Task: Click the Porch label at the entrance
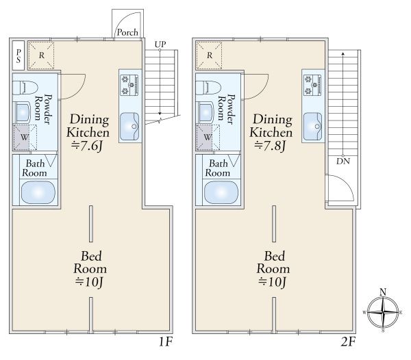click(127, 32)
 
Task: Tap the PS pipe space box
click(18, 55)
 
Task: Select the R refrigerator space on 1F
click(41, 55)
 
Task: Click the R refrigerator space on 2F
click(209, 55)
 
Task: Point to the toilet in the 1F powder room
click(25, 88)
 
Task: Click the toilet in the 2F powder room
click(208, 88)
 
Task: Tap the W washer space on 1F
click(25, 138)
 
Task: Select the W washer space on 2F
click(208, 138)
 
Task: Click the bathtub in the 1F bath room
click(38, 192)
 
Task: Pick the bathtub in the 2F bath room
click(221, 192)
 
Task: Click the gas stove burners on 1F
click(129, 85)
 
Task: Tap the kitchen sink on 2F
click(312, 127)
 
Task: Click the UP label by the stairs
click(160, 44)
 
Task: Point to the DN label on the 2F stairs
click(343, 162)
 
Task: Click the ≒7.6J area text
click(87, 146)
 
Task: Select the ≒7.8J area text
click(270, 146)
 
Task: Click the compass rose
click(383, 312)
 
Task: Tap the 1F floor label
click(166, 342)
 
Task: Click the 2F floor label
click(349, 342)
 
